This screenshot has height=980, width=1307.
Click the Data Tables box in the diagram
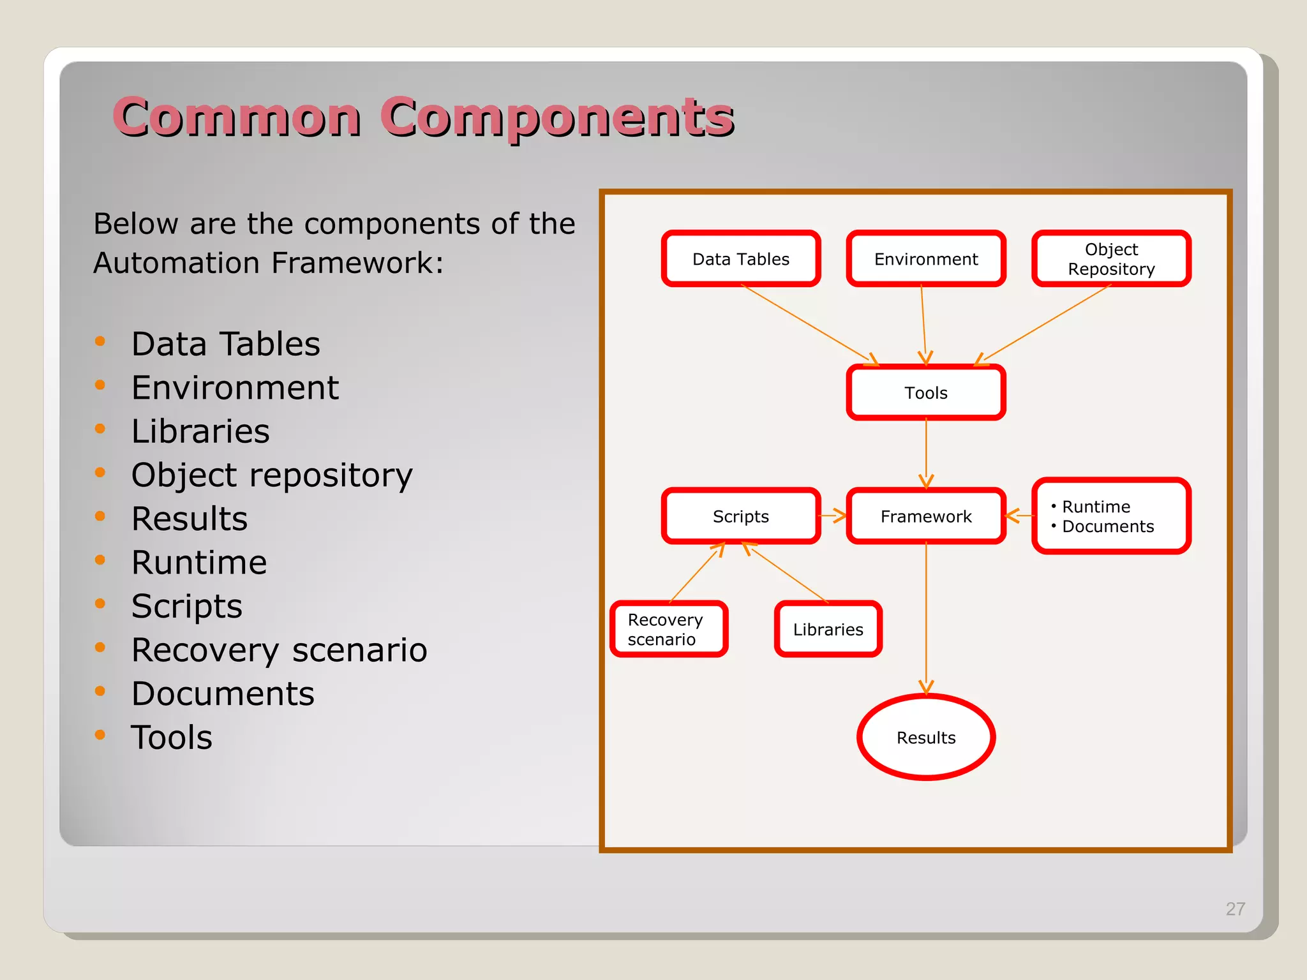740,258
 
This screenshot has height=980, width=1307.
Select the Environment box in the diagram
925,258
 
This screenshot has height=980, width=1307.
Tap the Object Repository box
1111,258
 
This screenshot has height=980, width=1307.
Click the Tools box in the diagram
925,392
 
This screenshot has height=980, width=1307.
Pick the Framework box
925,516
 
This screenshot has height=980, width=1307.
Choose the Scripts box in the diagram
740,516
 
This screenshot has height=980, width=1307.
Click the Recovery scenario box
668,629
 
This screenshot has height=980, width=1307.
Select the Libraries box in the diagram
828,629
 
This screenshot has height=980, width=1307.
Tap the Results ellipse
925,738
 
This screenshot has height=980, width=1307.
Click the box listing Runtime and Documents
1111,516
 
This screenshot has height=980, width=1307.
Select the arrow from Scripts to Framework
833,516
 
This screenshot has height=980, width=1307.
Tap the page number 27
1235,909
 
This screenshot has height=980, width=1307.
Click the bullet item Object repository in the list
272,475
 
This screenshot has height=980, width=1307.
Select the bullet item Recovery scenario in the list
279,650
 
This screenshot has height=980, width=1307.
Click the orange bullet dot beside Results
100,516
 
